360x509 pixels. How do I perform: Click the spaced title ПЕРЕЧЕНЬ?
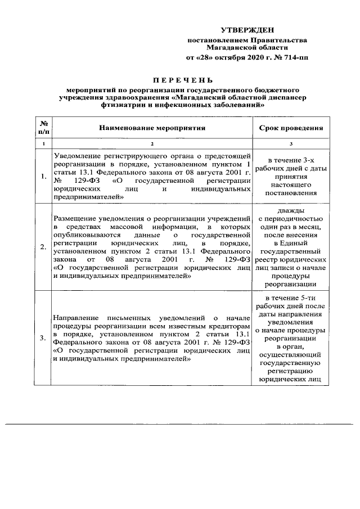coord(180,79)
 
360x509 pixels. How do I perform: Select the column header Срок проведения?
coord(290,128)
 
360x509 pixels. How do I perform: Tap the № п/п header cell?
coord(43,128)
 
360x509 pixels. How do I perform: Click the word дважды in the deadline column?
coord(290,210)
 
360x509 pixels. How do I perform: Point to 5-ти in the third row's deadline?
coord(303,297)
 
